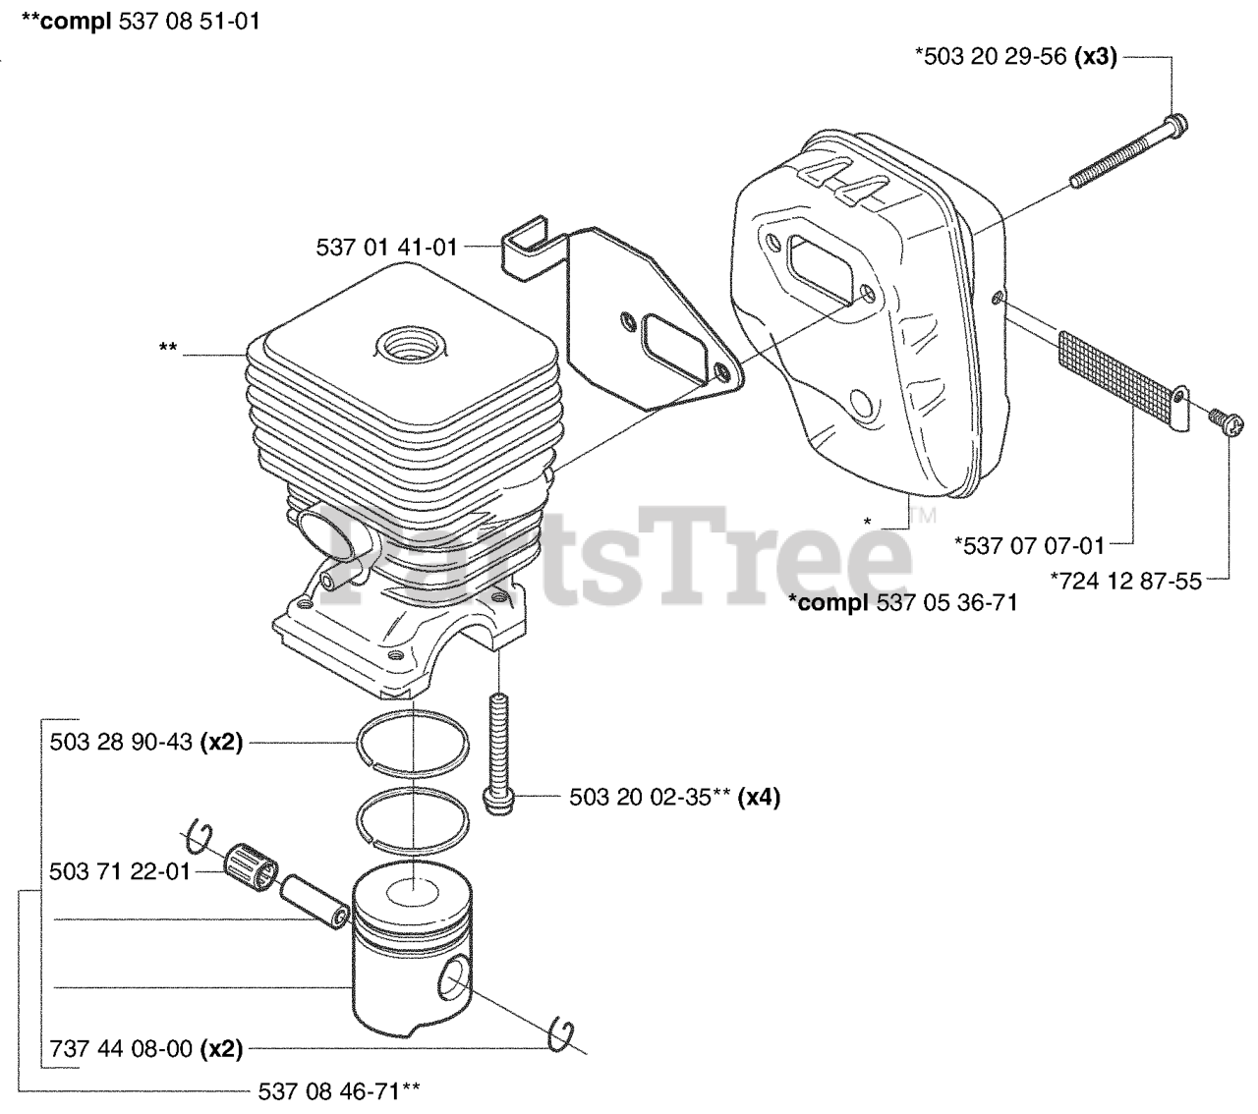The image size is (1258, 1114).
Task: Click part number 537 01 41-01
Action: [x=386, y=248]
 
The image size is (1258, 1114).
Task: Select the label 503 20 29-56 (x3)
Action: [x=1016, y=57]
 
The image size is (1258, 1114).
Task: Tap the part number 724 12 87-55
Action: [x=1125, y=581]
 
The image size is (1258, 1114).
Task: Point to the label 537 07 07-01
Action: [x=1030, y=545]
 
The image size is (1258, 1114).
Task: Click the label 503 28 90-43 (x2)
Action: [x=145, y=743]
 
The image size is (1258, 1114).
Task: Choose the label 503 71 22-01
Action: [x=120, y=871]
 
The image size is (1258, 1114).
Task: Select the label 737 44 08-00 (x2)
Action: [x=145, y=1049]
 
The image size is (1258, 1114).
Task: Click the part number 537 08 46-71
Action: [x=338, y=1090]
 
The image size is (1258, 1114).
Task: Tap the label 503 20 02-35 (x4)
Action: [x=674, y=797]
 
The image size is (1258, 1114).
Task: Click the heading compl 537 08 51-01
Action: [x=141, y=21]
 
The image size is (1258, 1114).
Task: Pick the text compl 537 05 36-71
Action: [x=903, y=602]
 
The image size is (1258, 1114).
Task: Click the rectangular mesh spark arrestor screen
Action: [x=1116, y=377]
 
